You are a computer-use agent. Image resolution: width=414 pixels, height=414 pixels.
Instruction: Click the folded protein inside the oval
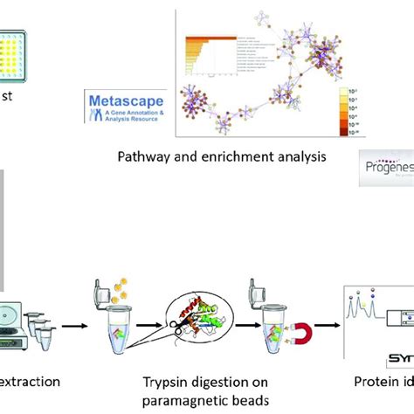click(x=188, y=306)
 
